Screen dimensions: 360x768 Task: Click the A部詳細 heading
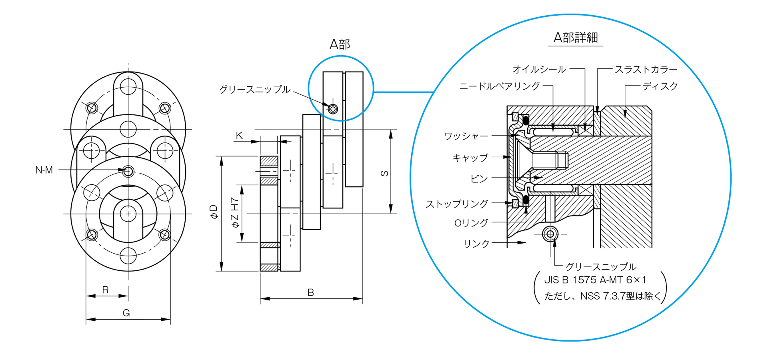click(x=575, y=38)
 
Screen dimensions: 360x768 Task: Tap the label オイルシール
click(x=539, y=70)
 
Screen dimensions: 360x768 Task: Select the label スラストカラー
click(x=646, y=70)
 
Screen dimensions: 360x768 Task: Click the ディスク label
click(x=660, y=86)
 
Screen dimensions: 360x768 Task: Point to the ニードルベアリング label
click(x=499, y=86)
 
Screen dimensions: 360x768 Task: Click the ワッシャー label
click(x=466, y=136)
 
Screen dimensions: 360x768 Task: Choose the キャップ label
click(x=470, y=158)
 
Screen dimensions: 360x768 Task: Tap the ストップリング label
click(x=456, y=204)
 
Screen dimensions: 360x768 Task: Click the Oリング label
click(x=471, y=223)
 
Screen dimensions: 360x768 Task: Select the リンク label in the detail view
click(x=476, y=244)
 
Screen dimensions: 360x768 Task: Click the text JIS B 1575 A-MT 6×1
click(x=595, y=280)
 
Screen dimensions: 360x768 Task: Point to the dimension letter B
click(x=310, y=292)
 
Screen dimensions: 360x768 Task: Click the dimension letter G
click(x=126, y=313)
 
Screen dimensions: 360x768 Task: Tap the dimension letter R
click(x=105, y=290)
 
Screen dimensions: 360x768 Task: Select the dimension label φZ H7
click(x=235, y=212)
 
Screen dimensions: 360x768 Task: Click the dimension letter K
click(x=239, y=136)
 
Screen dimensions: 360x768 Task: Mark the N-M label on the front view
click(x=44, y=170)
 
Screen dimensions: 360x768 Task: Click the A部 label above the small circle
click(x=340, y=44)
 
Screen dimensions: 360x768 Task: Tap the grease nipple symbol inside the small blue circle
click(x=333, y=108)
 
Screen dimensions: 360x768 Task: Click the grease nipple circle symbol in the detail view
click(x=550, y=234)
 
